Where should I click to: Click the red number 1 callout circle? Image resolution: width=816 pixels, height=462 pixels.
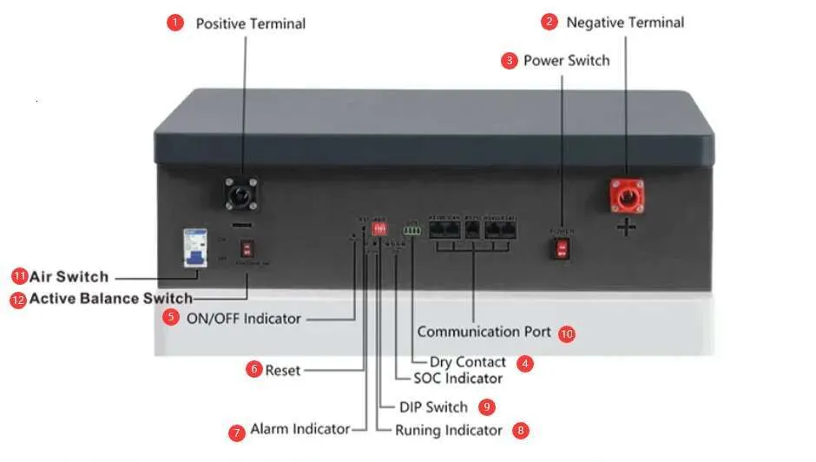pos(175,23)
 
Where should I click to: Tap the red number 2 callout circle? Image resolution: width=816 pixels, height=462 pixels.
pos(549,23)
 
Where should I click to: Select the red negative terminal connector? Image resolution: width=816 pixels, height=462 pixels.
pos(626,195)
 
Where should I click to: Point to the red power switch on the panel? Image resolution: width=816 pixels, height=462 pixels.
pos(562,249)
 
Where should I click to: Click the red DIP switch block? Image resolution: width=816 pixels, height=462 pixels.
pos(379,228)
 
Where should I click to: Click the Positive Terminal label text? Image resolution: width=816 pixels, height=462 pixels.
pos(250,23)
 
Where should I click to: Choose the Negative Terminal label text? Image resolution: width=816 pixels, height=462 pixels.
pos(625,23)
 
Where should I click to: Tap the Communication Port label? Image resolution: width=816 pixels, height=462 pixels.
pos(484,332)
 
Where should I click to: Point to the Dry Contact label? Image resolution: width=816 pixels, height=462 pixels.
pos(467,362)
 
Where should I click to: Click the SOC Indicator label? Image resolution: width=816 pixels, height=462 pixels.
pos(457,379)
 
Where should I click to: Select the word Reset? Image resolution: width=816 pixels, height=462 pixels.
pos(283,370)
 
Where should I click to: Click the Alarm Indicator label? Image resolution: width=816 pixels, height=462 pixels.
pos(299,429)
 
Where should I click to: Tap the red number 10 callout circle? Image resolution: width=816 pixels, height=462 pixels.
pos(567,333)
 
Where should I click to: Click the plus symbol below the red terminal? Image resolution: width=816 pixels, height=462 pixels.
pos(626,228)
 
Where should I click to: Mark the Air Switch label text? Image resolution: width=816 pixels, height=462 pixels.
pos(69,277)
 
